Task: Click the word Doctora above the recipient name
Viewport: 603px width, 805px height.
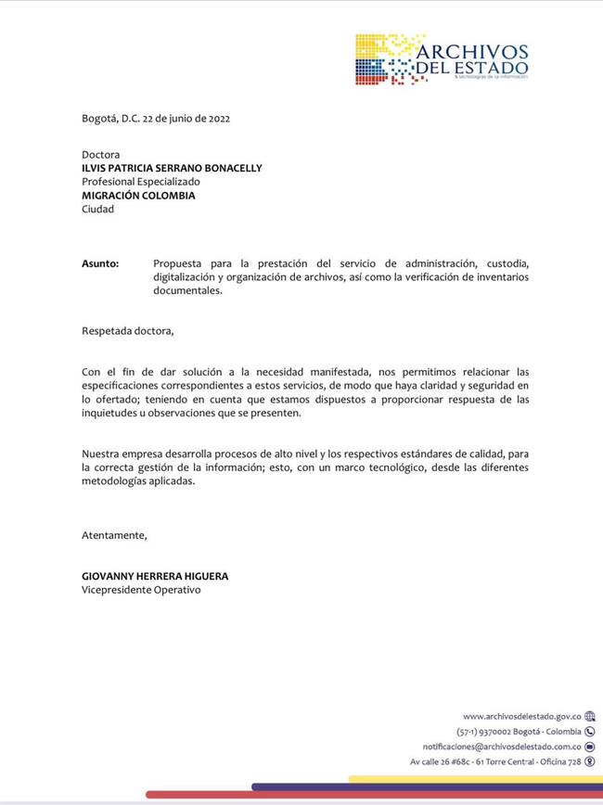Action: (x=101, y=154)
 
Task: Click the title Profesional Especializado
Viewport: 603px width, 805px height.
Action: (x=140, y=182)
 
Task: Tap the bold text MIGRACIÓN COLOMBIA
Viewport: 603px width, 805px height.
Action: (x=138, y=196)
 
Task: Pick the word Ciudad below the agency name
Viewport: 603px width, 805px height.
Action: (x=97, y=209)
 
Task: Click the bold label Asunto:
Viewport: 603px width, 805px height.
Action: (x=100, y=264)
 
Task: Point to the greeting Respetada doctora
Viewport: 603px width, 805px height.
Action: (x=127, y=330)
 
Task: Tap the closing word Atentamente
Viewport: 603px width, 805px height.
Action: (x=114, y=535)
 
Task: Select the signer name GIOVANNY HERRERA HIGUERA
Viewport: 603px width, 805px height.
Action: (x=155, y=576)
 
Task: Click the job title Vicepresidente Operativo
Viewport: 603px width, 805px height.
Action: (x=141, y=590)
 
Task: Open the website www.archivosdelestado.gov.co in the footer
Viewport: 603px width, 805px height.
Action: (x=521, y=716)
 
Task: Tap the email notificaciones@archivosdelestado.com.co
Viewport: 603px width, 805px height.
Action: (x=502, y=746)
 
